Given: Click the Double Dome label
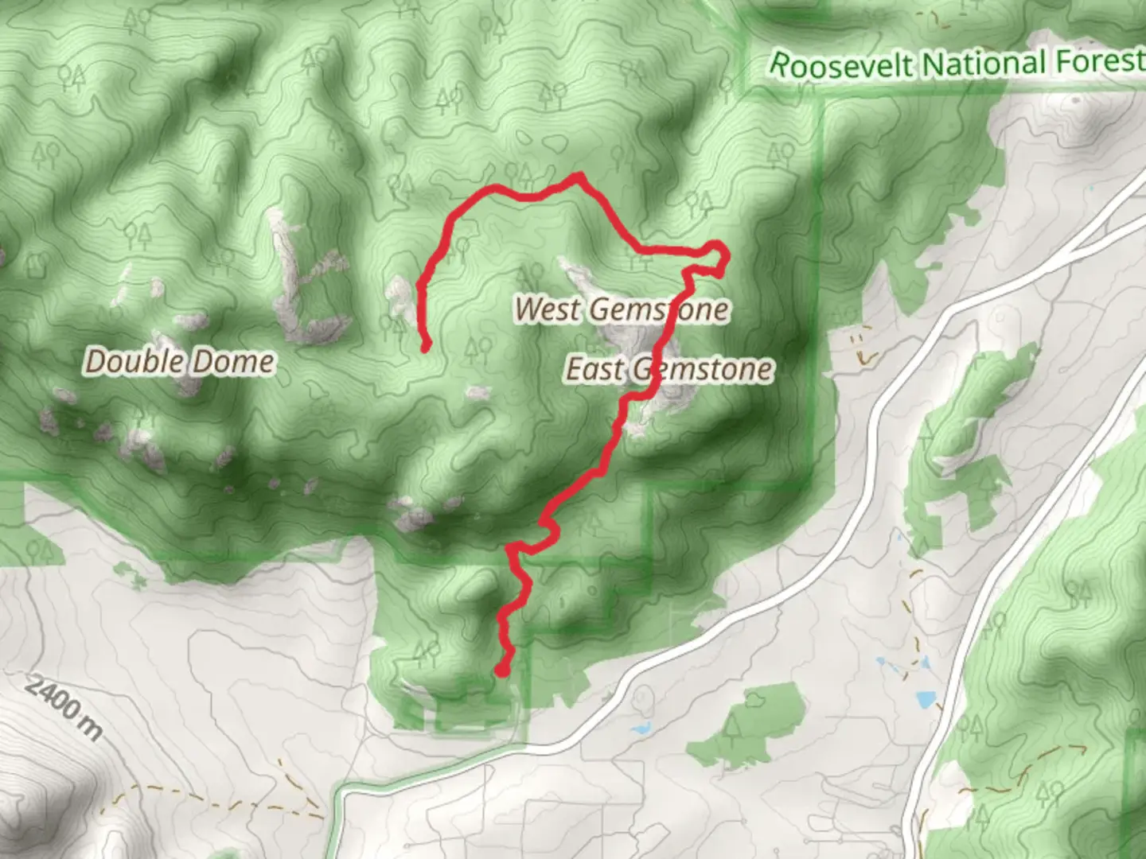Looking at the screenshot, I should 180,362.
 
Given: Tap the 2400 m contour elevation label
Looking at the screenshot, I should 64,708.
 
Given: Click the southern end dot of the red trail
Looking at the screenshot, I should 502,670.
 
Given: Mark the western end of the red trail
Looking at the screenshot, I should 426,346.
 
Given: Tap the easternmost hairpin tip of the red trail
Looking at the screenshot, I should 724,255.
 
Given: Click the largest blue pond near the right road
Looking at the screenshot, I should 926,700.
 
